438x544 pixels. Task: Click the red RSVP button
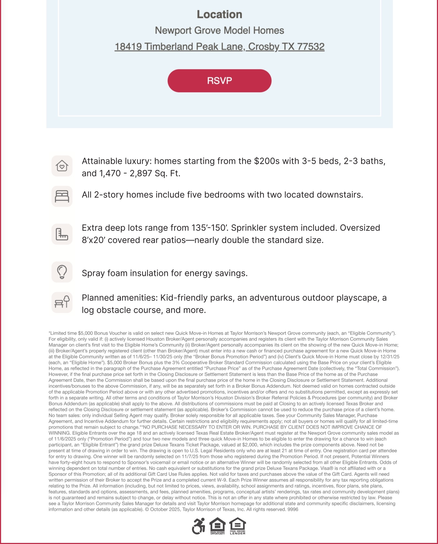219,81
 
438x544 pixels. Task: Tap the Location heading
219,14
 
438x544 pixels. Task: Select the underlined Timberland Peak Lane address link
219,47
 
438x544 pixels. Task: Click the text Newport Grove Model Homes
219,30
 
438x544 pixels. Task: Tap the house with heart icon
62,166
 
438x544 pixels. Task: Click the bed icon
62,196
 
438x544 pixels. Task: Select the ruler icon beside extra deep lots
62,234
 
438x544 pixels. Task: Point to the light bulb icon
62,272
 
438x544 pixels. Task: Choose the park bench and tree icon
62,302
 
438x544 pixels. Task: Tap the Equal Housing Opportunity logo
217,526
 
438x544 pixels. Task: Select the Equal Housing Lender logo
237,526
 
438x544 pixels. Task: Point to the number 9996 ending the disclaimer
293,509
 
